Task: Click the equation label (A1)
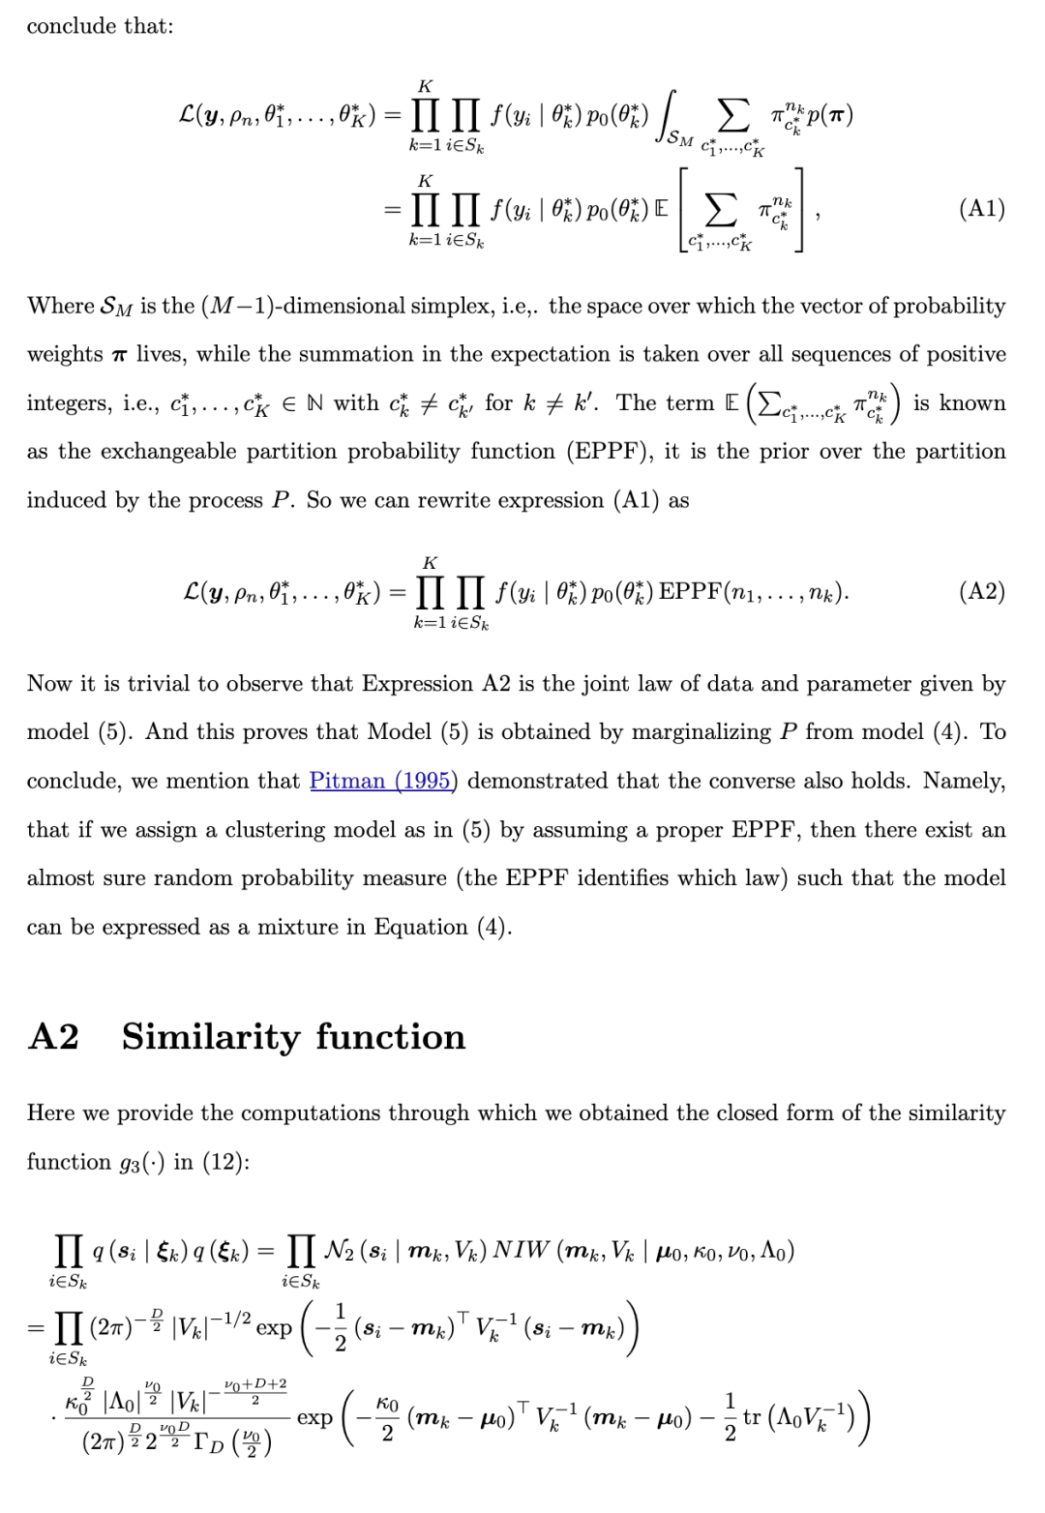pyautogui.click(x=981, y=209)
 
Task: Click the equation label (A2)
pyautogui.click(x=981, y=591)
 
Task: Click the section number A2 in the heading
pyautogui.click(x=54, y=1037)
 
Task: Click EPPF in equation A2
pyautogui.click(x=689, y=591)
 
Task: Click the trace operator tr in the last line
pyautogui.click(x=751, y=1417)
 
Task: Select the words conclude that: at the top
pyautogui.click(x=100, y=26)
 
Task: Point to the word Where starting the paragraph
pyautogui.click(x=60, y=307)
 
